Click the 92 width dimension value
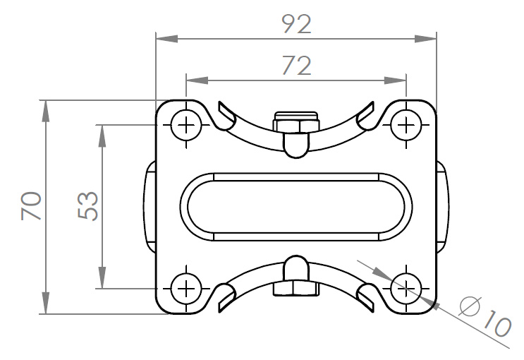point(297,24)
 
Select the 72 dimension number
point(297,66)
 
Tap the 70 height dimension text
point(31,205)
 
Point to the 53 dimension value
point(88,205)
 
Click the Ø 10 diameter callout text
point(485,316)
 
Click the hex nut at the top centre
point(296,123)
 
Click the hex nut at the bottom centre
point(296,289)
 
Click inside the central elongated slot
point(296,207)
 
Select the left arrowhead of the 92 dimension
point(166,39)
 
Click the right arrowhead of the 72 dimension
point(396,80)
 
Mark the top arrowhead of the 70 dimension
point(46,111)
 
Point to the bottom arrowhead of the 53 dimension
point(102,277)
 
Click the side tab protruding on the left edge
point(150,207)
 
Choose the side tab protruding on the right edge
point(442,207)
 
